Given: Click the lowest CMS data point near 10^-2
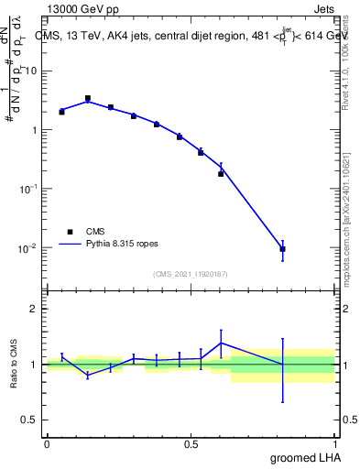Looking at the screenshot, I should pos(283,249).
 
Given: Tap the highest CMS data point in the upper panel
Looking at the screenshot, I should pos(88,98).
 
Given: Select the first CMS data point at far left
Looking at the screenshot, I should pos(61,111).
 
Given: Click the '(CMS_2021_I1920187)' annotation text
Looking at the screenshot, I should pos(191,273).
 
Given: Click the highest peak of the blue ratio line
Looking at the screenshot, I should pos(221,343).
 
